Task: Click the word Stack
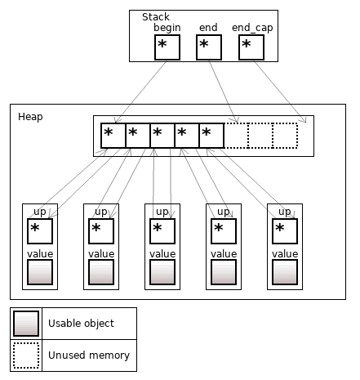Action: click(155, 17)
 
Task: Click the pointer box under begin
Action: click(167, 47)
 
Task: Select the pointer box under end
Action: click(209, 47)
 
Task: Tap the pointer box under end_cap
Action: click(251, 47)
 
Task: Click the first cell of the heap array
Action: click(113, 136)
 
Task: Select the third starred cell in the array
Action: click(162, 136)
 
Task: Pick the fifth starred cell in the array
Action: click(211, 136)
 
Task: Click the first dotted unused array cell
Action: click(236, 136)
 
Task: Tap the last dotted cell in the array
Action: click(285, 136)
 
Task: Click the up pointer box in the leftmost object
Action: click(40, 231)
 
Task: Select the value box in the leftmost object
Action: click(40, 272)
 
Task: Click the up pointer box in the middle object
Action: click(162, 231)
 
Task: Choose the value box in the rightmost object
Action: click(285, 272)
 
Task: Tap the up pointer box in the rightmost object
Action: click(285, 231)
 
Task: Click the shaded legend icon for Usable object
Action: click(28, 324)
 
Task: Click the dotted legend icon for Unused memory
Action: click(28, 355)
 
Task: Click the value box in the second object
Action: click(101, 272)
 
